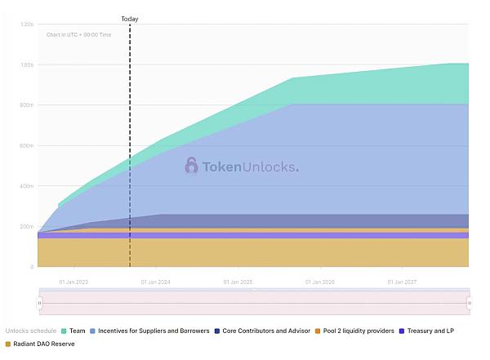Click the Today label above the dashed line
pos(129,19)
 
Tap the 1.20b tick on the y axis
pos(28,25)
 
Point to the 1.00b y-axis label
pos(28,65)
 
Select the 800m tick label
pos(28,105)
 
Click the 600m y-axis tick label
pos(28,146)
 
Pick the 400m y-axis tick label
pos(28,186)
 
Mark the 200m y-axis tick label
pos(28,226)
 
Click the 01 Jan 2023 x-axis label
pos(73,282)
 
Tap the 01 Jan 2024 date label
pos(155,282)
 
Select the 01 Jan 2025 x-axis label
pos(238,282)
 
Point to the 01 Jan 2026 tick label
pos(319,282)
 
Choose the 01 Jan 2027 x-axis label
pos(401,282)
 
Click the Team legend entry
pos(73,331)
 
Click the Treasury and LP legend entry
pos(430,331)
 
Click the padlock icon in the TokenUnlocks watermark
pos(191,166)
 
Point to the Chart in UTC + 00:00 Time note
pos(78,35)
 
